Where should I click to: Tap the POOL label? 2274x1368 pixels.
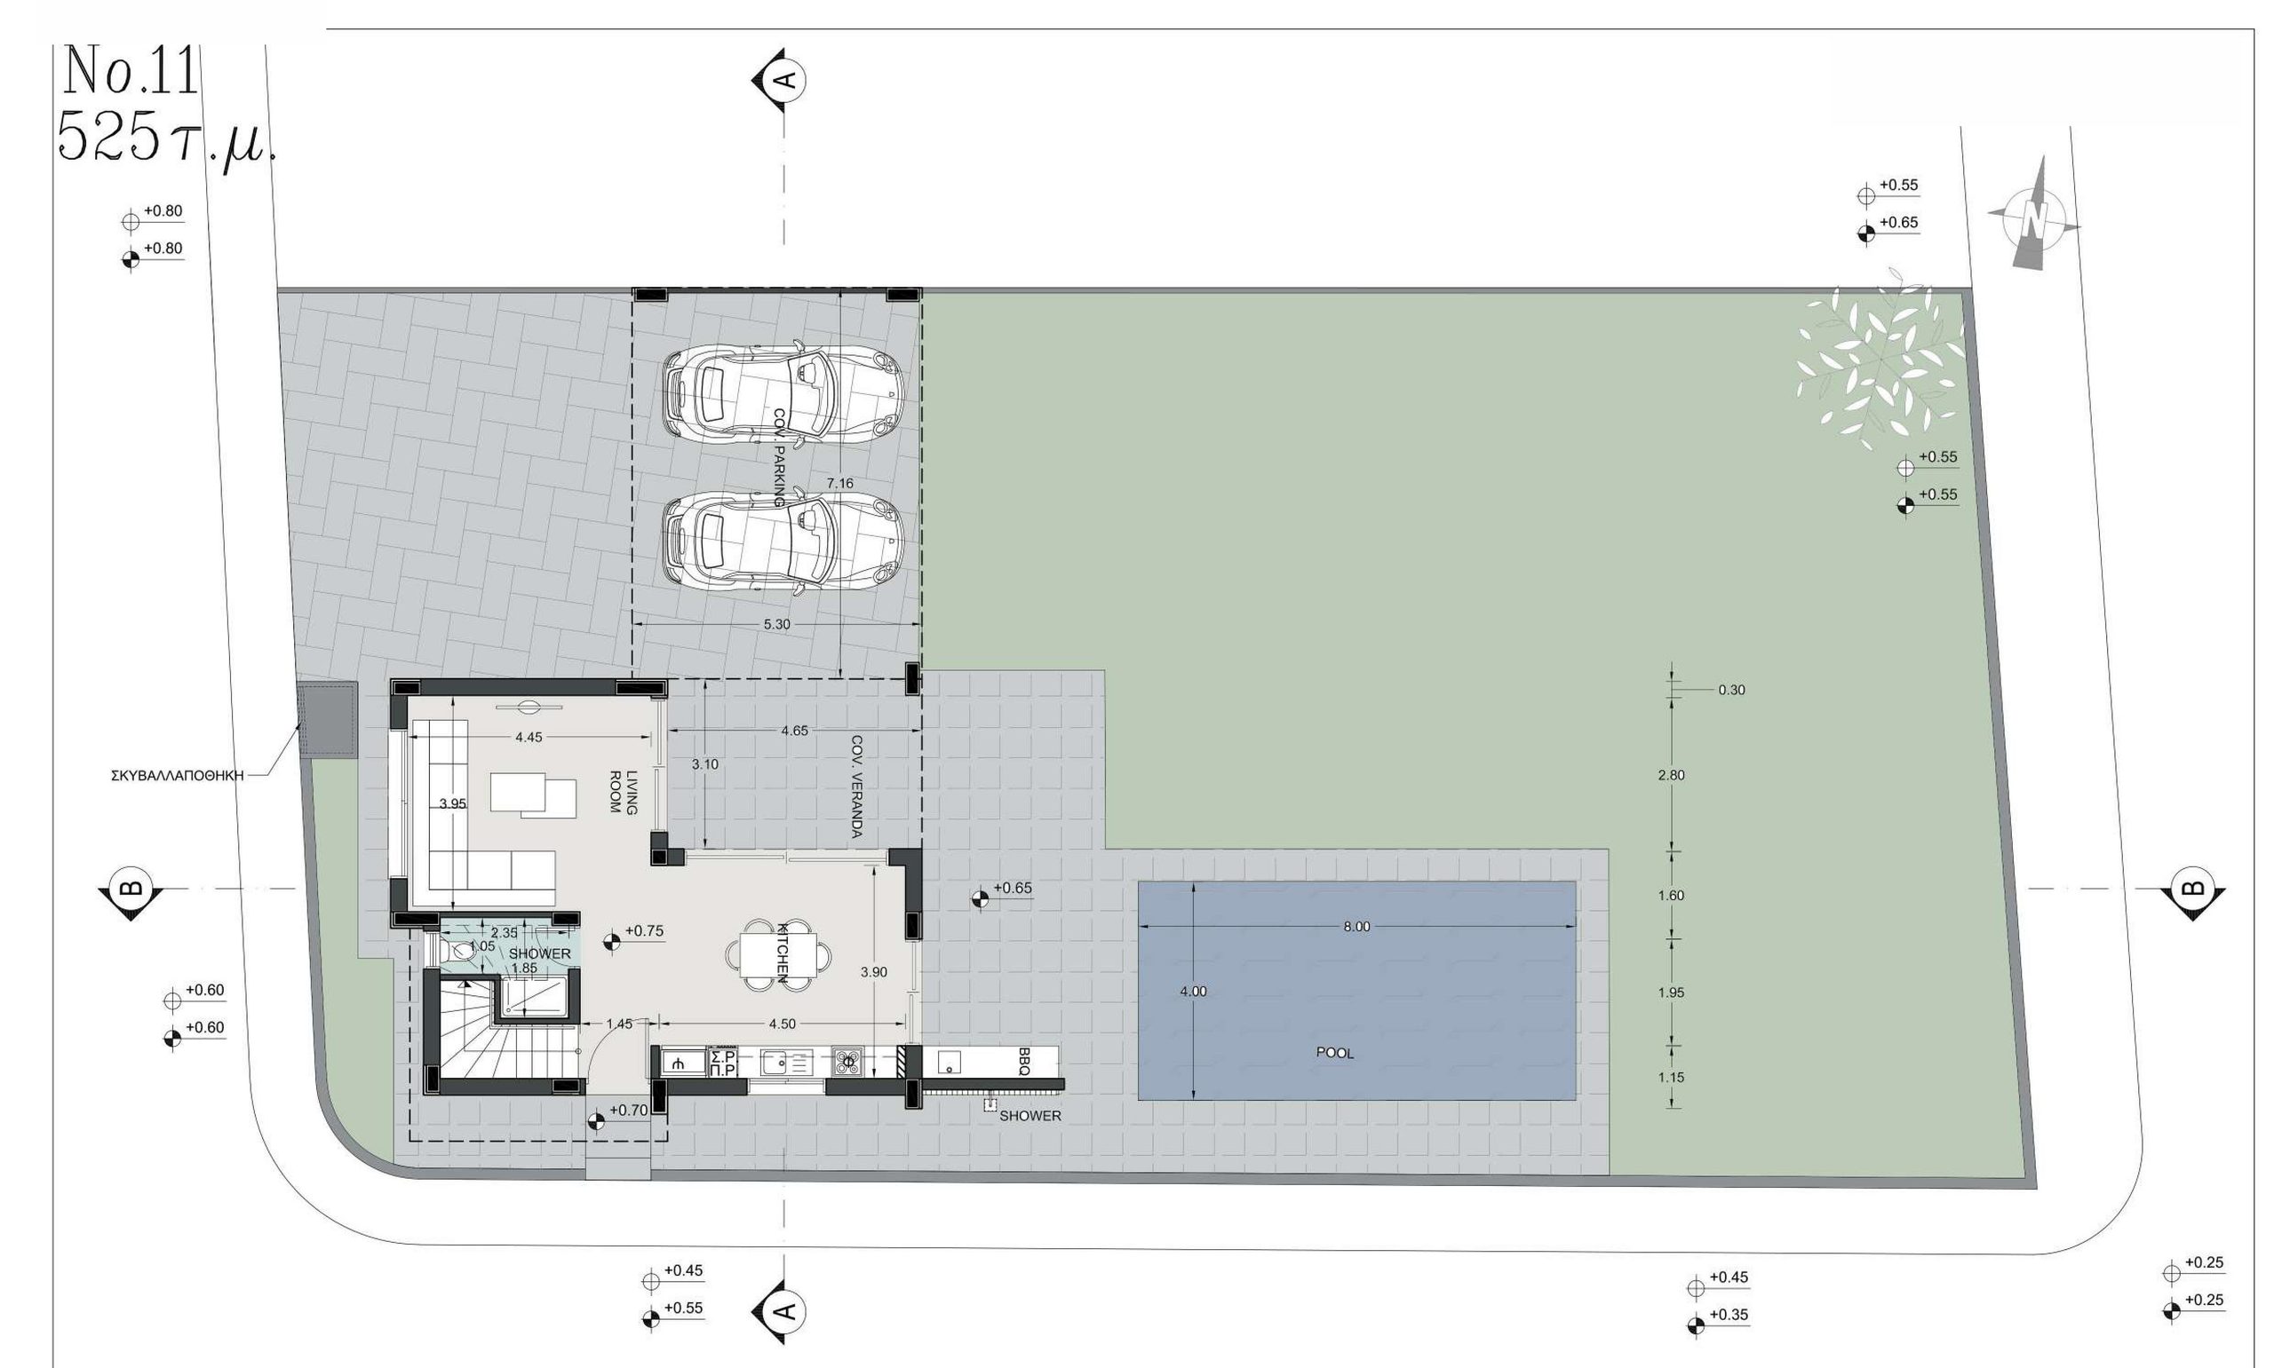tap(1334, 1053)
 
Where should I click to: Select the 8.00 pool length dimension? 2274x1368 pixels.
tap(1356, 927)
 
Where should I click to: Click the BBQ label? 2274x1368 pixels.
tap(1023, 1061)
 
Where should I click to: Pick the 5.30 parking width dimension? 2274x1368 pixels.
tap(776, 624)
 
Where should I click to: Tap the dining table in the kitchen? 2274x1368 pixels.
tap(777, 954)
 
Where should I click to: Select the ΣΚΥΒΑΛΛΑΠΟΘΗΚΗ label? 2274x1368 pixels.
tap(177, 776)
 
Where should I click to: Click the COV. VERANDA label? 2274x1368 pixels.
tap(855, 787)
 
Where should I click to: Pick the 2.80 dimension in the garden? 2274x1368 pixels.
tap(1670, 775)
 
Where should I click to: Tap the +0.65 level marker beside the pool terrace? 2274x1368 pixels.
tap(999, 893)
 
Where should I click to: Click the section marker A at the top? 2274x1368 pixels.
tap(782, 79)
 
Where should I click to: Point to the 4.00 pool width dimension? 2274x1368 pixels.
tap(1193, 992)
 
